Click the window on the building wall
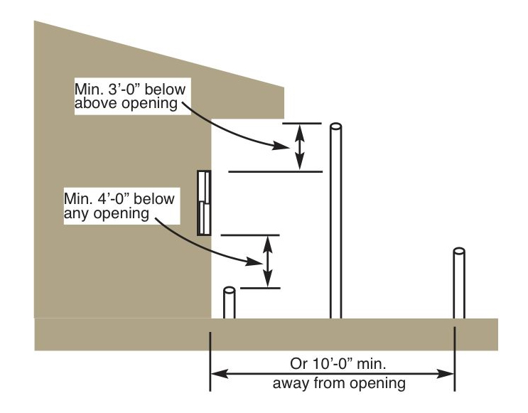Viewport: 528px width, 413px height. point(204,203)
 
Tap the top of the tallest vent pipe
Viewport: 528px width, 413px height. point(335,127)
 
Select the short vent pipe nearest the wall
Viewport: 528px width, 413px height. point(230,303)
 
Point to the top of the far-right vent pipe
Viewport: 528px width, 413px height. point(459,252)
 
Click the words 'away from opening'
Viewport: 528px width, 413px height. point(339,383)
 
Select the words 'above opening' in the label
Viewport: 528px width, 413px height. point(126,104)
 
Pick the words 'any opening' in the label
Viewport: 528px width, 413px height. point(107,213)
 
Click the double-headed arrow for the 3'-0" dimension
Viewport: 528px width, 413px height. point(300,147)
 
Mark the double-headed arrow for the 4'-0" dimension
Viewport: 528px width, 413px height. point(267,262)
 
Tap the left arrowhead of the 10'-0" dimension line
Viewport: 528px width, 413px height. point(219,374)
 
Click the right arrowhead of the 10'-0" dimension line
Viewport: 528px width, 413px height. point(446,374)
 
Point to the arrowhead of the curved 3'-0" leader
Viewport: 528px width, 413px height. point(281,146)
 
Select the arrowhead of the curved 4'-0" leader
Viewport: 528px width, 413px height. point(254,261)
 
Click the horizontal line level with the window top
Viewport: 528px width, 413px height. point(276,172)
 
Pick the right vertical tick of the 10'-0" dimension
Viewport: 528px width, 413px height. point(455,359)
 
